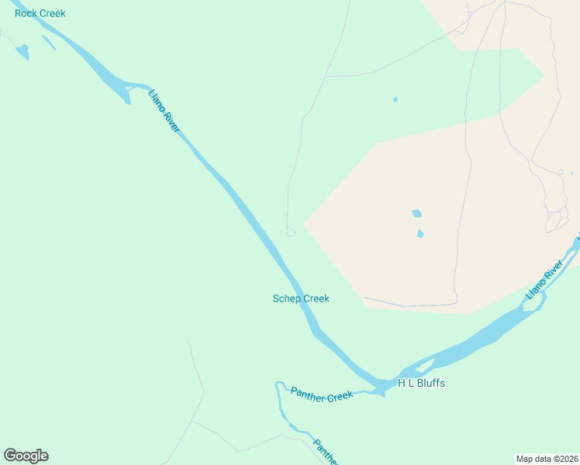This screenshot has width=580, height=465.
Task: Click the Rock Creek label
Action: point(40,13)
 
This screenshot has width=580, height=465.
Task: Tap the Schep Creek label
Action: point(301,298)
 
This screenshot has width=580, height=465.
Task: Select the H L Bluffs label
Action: point(421,383)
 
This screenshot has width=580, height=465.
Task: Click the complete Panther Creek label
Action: point(322,394)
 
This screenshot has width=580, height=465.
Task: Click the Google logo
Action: point(26,456)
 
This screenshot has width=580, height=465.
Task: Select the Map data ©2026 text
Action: point(547,459)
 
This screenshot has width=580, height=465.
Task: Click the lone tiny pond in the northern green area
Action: point(395,99)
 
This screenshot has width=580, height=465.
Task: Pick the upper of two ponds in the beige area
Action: point(417,213)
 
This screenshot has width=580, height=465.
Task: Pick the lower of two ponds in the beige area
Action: point(420,233)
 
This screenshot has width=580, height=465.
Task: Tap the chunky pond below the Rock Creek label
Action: point(22,52)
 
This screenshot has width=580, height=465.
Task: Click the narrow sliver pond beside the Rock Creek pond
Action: point(48,43)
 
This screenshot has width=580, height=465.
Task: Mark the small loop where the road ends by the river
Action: point(291,232)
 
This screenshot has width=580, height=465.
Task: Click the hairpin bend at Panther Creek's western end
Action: point(278,384)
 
